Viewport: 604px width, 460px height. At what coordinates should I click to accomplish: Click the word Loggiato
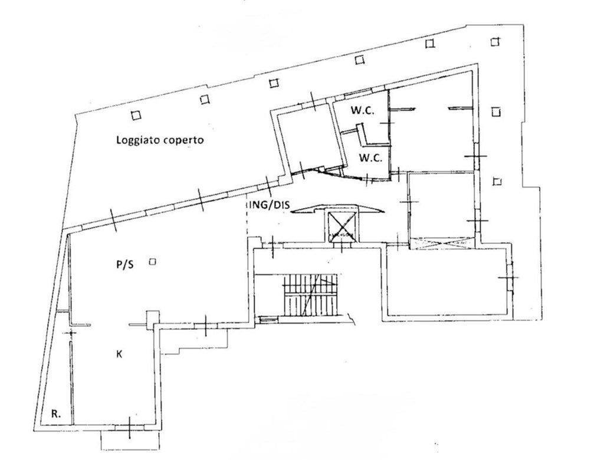[138, 140]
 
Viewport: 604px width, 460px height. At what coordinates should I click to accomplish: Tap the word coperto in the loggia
[183, 141]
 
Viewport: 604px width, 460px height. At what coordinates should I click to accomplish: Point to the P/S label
[124, 265]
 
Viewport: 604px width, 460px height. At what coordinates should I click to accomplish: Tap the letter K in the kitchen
[119, 354]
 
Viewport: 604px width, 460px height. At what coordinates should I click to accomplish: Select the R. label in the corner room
[55, 414]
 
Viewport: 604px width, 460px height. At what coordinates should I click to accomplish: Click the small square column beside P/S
[152, 262]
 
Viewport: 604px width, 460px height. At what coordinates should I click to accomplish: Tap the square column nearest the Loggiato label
[136, 115]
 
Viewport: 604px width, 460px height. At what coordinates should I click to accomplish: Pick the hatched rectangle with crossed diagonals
[442, 243]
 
